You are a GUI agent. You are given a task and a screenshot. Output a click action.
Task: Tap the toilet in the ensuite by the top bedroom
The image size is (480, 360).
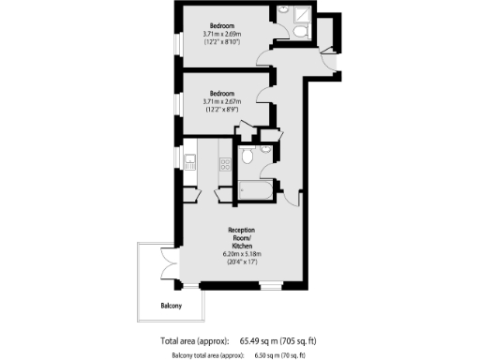(x=297, y=32)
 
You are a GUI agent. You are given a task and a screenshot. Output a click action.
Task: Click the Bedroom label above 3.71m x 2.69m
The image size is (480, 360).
(x=222, y=24)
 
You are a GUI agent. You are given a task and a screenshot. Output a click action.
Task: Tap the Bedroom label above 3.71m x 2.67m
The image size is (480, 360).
(x=222, y=93)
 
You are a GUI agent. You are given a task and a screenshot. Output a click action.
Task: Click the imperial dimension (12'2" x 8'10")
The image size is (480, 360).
(x=222, y=42)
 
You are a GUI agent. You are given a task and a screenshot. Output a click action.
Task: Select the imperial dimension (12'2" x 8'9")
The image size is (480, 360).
(x=222, y=110)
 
